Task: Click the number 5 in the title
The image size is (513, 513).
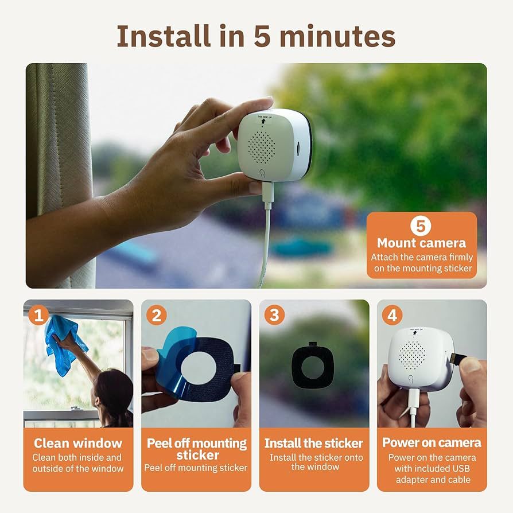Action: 265,36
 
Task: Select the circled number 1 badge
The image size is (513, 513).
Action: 38,314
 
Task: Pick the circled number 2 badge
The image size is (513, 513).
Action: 156,314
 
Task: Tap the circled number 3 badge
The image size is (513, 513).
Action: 274,314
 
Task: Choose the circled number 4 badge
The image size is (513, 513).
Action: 392,314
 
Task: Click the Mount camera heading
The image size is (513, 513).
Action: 421,243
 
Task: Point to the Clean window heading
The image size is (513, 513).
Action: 78,443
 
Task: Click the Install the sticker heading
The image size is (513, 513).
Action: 314,443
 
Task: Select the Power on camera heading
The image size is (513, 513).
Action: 432,443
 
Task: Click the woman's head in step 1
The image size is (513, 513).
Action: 113,390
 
